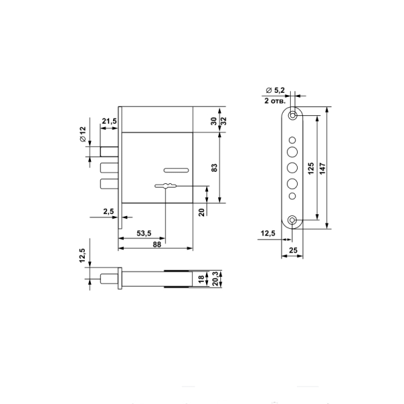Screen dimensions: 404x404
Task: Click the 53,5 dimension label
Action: [x=144, y=234]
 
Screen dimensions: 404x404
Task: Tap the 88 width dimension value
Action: [x=157, y=244]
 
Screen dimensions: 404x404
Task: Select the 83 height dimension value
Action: [x=214, y=168]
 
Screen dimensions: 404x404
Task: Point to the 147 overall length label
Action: [x=323, y=168]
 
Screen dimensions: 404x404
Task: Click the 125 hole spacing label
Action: [x=311, y=168]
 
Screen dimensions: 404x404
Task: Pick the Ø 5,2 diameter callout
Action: [x=275, y=90]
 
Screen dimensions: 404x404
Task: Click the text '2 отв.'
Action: [x=275, y=101]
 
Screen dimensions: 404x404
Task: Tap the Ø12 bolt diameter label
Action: [x=83, y=134]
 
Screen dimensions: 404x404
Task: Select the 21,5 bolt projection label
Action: [x=109, y=121]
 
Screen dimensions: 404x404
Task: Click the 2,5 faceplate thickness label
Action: [x=108, y=211]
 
